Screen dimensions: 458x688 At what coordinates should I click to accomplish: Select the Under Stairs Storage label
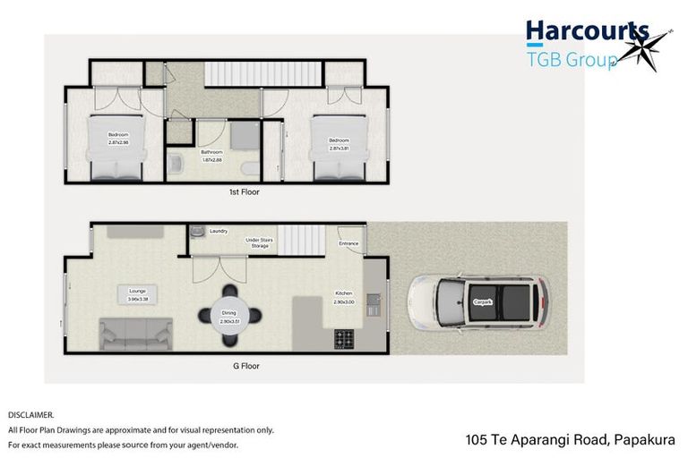[x=263, y=242]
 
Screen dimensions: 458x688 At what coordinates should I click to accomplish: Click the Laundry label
[x=218, y=232]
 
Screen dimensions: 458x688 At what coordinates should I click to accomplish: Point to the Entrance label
[x=348, y=243]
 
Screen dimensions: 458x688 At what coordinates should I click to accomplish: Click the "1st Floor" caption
[x=244, y=191]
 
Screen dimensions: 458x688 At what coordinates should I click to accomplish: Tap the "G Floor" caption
[x=244, y=366]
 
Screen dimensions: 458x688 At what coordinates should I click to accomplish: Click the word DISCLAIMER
[x=30, y=415]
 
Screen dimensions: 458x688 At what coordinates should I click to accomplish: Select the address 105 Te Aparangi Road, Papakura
[x=570, y=439]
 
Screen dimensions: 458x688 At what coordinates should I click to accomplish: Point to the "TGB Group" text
[x=571, y=60]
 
